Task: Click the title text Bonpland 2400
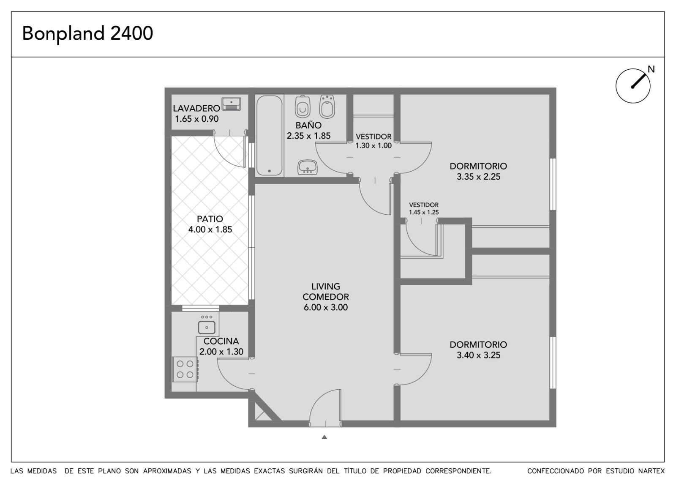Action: point(87,33)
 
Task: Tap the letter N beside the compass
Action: point(651,69)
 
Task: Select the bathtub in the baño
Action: point(270,136)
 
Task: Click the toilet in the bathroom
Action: point(303,107)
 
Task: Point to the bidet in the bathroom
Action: point(327,106)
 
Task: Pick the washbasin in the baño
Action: point(308,167)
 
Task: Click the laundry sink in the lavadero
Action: point(232,104)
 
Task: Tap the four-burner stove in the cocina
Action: point(185,369)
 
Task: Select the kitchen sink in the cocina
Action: point(207,327)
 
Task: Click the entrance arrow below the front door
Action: point(324,437)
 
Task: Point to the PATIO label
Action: point(210,219)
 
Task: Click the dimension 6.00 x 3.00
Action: point(326,307)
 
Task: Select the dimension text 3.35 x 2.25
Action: point(478,177)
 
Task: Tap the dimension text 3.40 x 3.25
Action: point(478,355)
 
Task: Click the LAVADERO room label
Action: point(196,108)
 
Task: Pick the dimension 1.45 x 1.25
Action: point(424,212)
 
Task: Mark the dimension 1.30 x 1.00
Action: point(373,145)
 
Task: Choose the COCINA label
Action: point(221,341)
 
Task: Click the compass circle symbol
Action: point(633,86)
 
